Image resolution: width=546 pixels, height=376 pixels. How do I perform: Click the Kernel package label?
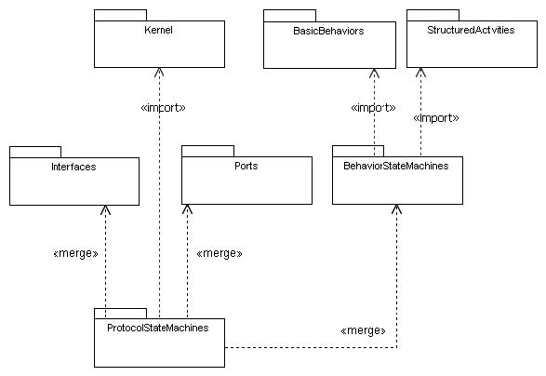click(158, 30)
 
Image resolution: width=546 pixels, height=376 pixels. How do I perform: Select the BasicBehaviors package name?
click(328, 31)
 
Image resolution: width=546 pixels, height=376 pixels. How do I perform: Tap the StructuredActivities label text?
click(471, 30)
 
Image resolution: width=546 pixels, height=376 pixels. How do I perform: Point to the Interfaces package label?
click(73, 167)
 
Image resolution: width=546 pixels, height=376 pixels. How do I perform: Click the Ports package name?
click(246, 166)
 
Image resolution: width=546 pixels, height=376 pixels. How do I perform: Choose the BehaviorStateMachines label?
click(396, 166)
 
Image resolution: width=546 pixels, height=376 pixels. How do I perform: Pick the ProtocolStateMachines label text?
click(158, 328)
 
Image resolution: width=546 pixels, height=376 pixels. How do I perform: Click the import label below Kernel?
click(163, 108)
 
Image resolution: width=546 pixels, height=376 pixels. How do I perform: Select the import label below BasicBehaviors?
click(373, 108)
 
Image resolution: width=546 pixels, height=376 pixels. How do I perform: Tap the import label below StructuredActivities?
click(436, 118)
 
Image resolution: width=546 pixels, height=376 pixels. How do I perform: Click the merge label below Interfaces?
click(75, 253)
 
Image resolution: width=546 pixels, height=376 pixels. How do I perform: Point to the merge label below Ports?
click(220, 253)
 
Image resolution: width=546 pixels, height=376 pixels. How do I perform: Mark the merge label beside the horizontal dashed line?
click(363, 330)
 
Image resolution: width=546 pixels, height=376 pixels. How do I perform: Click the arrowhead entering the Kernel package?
click(159, 72)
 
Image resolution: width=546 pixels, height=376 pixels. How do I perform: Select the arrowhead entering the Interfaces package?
click(105, 209)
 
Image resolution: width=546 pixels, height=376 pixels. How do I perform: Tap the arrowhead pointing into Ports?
click(187, 208)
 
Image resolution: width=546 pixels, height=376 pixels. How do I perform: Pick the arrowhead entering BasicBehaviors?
click(374, 73)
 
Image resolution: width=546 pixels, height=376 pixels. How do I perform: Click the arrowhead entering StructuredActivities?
click(421, 72)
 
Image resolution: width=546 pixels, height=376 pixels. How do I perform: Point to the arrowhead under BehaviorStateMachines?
click(396, 208)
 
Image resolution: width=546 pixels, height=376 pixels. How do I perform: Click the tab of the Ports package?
click(207, 151)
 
